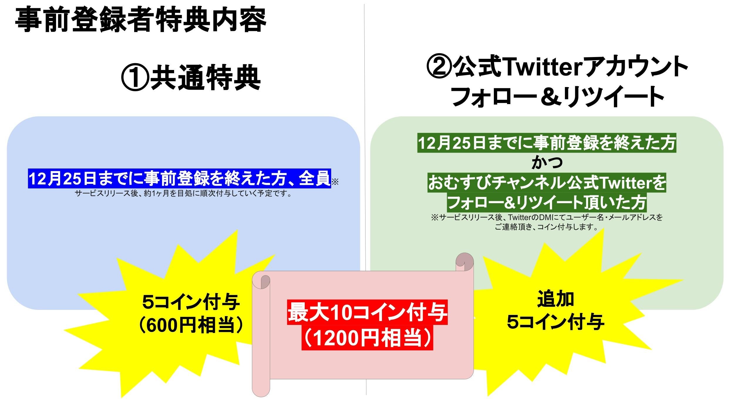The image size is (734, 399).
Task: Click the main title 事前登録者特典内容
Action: (x=140, y=20)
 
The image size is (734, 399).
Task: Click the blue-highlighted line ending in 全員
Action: (x=179, y=178)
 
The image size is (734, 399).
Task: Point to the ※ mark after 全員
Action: (x=335, y=182)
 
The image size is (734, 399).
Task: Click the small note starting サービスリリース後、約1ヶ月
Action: (x=183, y=194)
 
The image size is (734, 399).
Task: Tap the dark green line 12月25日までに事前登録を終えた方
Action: (x=547, y=143)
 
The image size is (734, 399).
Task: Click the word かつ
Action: (x=547, y=163)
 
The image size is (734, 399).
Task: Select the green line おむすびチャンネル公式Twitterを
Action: (x=547, y=183)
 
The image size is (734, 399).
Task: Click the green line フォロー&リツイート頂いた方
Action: (x=547, y=203)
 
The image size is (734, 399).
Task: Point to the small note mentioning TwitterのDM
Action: (x=547, y=218)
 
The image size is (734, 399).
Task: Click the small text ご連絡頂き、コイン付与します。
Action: (x=547, y=227)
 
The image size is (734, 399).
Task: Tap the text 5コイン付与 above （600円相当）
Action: (x=191, y=302)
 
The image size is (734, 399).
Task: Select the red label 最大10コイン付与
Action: (x=367, y=313)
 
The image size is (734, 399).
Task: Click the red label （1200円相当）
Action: (x=367, y=339)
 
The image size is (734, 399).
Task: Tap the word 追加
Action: (x=555, y=299)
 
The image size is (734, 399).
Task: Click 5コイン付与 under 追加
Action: (x=555, y=322)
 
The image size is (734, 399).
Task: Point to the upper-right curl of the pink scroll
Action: (x=464, y=261)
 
